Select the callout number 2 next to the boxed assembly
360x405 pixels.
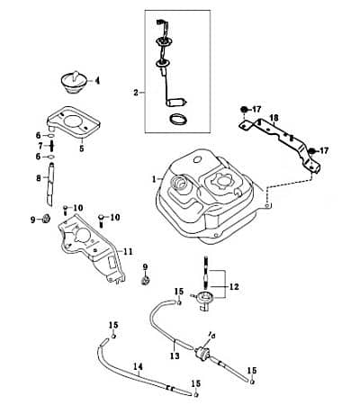(x=136, y=92)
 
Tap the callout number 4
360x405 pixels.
(x=98, y=81)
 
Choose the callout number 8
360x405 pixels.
(x=39, y=179)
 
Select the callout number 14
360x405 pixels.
(x=138, y=366)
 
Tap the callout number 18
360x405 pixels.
(x=274, y=118)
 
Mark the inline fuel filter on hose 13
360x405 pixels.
(x=202, y=350)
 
